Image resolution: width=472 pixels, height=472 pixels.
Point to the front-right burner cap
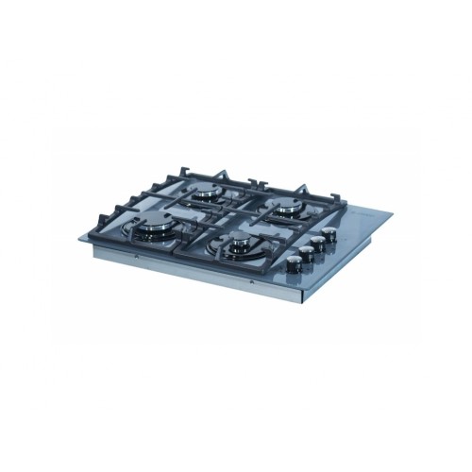point(236,247)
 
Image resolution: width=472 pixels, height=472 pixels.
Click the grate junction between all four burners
point(221,219)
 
